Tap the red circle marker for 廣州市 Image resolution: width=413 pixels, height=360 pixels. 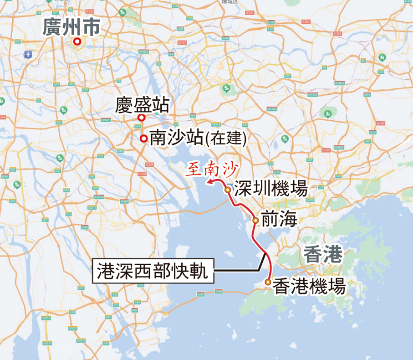77,42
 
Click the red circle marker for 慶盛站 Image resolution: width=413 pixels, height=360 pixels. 141,118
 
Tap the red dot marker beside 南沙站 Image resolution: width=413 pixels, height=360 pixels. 143,139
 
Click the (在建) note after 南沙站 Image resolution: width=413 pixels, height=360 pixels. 226,138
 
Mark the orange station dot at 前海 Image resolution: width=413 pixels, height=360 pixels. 255,221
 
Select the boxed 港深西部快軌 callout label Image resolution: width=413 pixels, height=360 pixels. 153,272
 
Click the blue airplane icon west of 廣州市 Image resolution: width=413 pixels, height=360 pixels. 28,54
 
